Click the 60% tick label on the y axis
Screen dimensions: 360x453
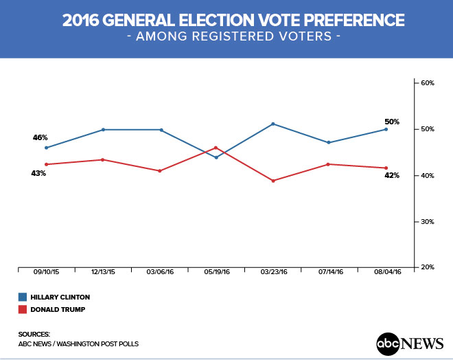428,83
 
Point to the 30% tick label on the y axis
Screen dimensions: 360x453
428,222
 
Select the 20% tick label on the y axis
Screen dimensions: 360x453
428,267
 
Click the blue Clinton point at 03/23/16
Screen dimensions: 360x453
273,124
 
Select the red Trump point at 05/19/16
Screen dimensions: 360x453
216,147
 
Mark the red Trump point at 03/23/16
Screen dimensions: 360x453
273,181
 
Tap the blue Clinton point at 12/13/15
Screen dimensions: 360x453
103,129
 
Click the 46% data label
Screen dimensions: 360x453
40,137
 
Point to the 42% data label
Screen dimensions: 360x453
392,176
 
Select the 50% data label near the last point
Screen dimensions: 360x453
392,122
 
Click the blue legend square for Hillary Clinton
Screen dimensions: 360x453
23,297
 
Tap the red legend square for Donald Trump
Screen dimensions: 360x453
23,309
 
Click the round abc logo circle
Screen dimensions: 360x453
388,342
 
